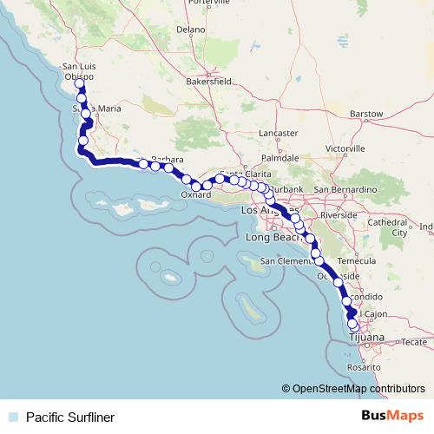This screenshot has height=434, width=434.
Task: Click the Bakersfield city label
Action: point(208,81)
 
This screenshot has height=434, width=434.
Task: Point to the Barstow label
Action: point(365,114)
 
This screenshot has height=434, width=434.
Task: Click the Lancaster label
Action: point(279,134)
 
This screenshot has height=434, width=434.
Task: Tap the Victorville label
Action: point(345,148)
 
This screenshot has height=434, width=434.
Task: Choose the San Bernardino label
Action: point(345,188)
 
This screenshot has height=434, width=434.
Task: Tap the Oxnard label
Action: point(196,195)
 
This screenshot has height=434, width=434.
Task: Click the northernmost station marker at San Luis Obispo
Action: point(80,84)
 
